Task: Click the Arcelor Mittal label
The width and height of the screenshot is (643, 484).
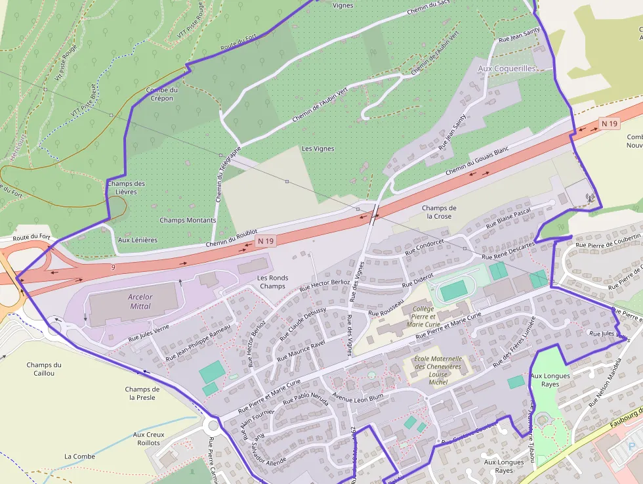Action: [x=140, y=301]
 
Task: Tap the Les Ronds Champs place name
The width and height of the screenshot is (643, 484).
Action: [x=272, y=282]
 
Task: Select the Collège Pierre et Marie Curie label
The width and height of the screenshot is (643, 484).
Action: [x=424, y=316]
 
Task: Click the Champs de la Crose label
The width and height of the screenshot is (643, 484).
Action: [x=439, y=212]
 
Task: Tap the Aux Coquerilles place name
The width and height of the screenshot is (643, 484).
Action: [x=507, y=68]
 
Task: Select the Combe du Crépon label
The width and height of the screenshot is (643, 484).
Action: [x=161, y=94]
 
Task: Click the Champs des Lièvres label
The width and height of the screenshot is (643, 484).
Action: [x=126, y=188]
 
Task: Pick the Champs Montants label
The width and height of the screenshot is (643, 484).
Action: [x=188, y=221]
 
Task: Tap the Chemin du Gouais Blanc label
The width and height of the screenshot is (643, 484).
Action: [x=477, y=160]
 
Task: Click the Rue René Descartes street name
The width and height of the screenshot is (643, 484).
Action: [x=508, y=252]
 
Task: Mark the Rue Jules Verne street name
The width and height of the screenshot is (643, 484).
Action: [x=148, y=332]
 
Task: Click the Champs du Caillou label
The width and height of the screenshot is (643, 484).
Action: [x=45, y=369]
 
